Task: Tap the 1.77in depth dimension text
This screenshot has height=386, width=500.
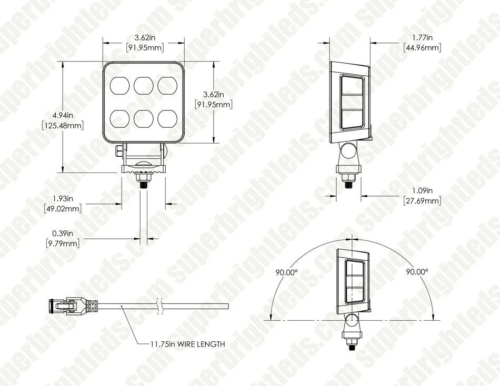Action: point(422,37)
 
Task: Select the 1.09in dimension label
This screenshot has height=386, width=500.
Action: point(422,190)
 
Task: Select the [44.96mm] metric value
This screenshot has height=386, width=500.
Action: point(422,48)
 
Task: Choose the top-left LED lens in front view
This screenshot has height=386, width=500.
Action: point(118,84)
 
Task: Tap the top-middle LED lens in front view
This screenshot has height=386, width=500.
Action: point(143,84)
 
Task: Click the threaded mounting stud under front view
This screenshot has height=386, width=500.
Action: point(142,182)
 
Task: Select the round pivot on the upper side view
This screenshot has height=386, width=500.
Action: point(348,153)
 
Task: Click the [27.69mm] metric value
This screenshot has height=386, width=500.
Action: point(422,201)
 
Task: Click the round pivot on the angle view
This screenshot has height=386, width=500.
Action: point(351,320)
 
